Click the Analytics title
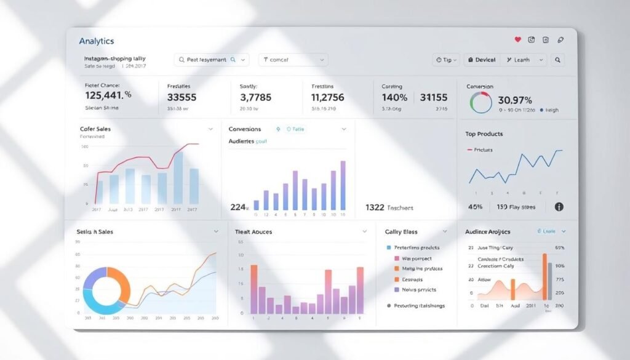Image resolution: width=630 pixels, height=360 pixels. point(97,41)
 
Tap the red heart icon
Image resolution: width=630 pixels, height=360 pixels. point(517,40)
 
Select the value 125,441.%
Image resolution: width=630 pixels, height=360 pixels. point(108,95)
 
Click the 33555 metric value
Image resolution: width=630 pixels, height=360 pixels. point(181,97)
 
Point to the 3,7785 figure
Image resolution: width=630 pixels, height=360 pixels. point(255,97)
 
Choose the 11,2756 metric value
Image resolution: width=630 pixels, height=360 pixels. point(328,97)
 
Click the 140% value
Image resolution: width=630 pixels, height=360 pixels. point(394,97)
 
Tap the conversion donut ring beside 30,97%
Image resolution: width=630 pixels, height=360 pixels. point(480,102)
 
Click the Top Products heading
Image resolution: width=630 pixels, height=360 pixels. point(484,134)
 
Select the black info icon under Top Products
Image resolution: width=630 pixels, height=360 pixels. point(559,207)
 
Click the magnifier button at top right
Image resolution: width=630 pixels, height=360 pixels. point(557,60)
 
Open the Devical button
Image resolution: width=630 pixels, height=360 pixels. point(481,60)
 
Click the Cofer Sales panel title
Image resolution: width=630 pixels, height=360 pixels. point(95,129)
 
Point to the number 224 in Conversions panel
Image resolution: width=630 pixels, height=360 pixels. point(237,207)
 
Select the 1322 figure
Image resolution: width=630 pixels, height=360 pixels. point(375,207)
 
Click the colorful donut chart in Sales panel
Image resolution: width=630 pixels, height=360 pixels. point(106,290)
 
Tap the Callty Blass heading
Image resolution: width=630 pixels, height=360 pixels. point(401,231)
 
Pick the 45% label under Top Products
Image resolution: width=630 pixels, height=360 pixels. point(475,207)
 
